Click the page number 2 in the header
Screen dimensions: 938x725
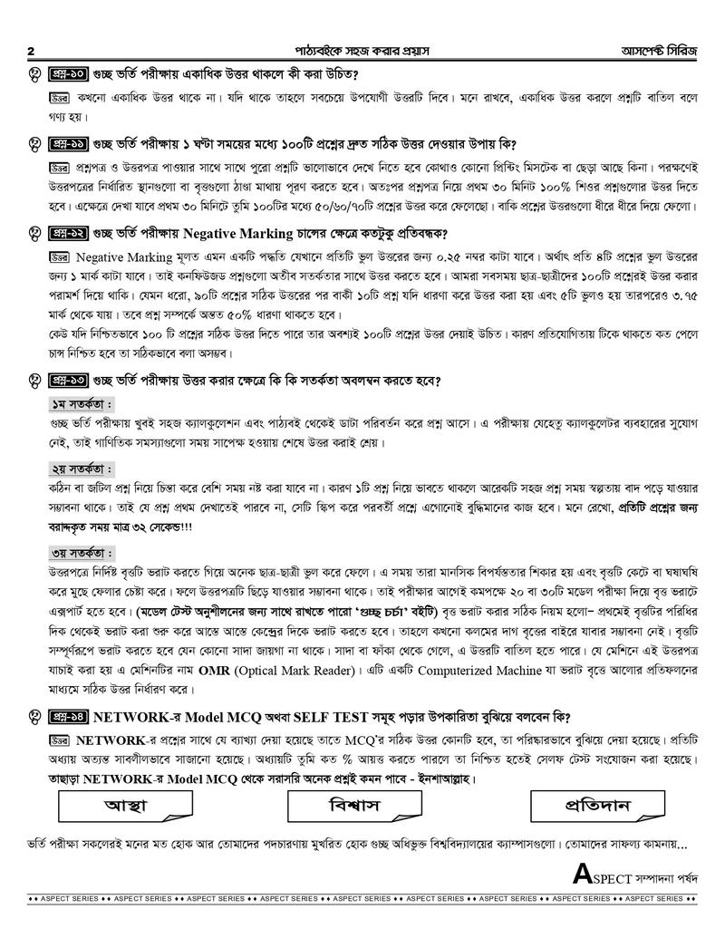click(x=32, y=51)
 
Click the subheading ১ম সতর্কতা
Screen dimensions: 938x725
click(x=81, y=403)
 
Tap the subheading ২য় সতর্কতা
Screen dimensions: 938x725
click(x=81, y=469)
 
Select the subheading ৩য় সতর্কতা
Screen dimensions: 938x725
click(x=81, y=552)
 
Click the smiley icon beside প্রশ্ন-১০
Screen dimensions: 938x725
click(x=34, y=74)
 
